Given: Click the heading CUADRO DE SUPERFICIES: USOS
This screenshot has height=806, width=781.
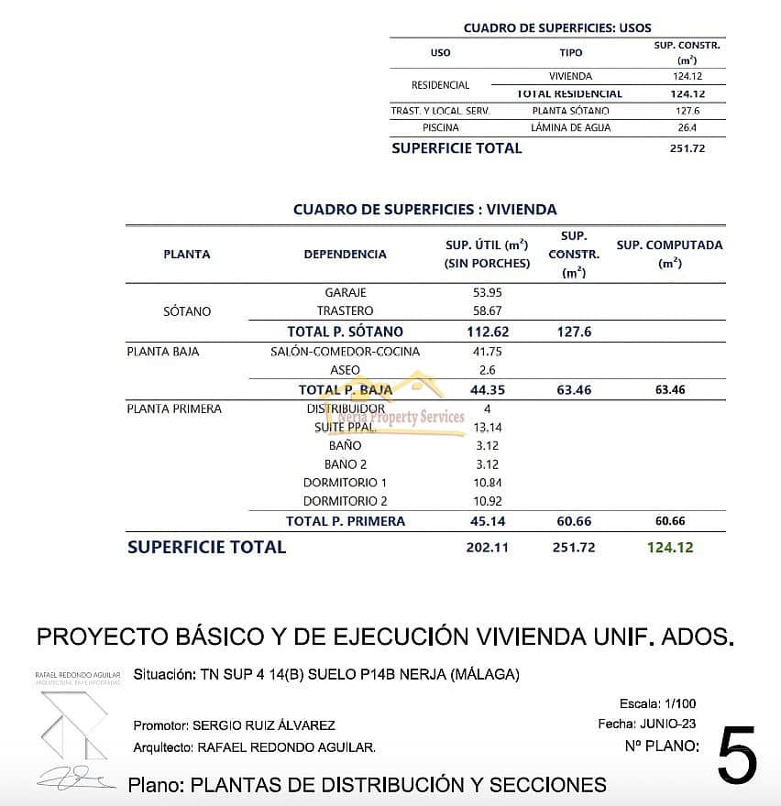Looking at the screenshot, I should (557, 28).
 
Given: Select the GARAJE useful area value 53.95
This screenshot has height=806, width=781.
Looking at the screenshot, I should (487, 292).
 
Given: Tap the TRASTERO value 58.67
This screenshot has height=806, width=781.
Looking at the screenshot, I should (487, 311).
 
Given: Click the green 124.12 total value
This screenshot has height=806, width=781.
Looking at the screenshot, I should (670, 548).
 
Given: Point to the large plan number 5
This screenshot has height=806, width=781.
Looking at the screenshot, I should (737, 756).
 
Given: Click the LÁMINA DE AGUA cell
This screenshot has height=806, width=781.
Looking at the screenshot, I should (570, 128).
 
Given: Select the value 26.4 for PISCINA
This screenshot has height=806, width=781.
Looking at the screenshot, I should (687, 128).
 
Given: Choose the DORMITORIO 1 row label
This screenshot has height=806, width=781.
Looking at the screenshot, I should (345, 483).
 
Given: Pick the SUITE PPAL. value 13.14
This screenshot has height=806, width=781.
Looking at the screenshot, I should (487, 427).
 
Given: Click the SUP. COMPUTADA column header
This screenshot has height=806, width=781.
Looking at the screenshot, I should (669, 253).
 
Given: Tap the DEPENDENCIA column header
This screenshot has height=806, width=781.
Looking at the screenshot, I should (345, 254).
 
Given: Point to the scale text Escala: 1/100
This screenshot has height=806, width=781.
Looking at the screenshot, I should (658, 704).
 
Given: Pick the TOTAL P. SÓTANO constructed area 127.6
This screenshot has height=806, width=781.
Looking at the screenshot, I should (573, 332).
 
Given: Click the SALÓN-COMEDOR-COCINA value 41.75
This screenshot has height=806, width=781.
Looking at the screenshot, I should (487, 352).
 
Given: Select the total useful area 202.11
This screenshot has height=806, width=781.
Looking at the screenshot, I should (487, 548).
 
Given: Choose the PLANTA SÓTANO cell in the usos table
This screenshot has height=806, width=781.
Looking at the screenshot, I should (570, 111).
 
